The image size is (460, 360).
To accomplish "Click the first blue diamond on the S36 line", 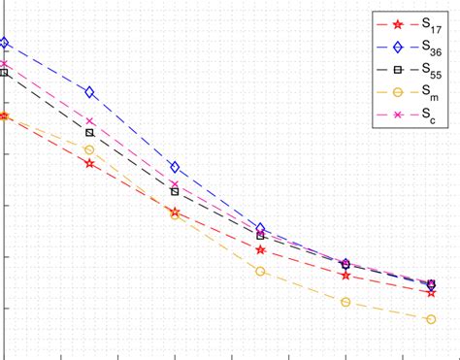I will point(5,43).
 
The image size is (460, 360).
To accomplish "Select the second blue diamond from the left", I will point(90,92).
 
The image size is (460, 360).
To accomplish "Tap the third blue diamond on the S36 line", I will point(175,167).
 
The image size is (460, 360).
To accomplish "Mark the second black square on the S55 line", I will point(90,132).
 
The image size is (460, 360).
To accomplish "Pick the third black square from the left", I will point(175,192).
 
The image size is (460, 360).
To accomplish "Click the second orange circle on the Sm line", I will point(90,149).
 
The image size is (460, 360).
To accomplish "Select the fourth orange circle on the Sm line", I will point(260,271).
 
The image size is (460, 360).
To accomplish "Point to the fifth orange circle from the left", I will point(345,302).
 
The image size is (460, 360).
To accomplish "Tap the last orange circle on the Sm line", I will point(431,319).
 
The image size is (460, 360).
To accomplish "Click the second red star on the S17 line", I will point(90,163).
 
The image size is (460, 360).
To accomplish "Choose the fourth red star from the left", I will point(260,249).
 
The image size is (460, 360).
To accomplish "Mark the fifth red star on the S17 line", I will point(345,276).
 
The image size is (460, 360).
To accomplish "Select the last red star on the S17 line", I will point(431,292).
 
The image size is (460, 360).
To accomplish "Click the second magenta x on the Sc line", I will point(90,121).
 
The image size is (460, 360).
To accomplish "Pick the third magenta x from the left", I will point(175,183).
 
